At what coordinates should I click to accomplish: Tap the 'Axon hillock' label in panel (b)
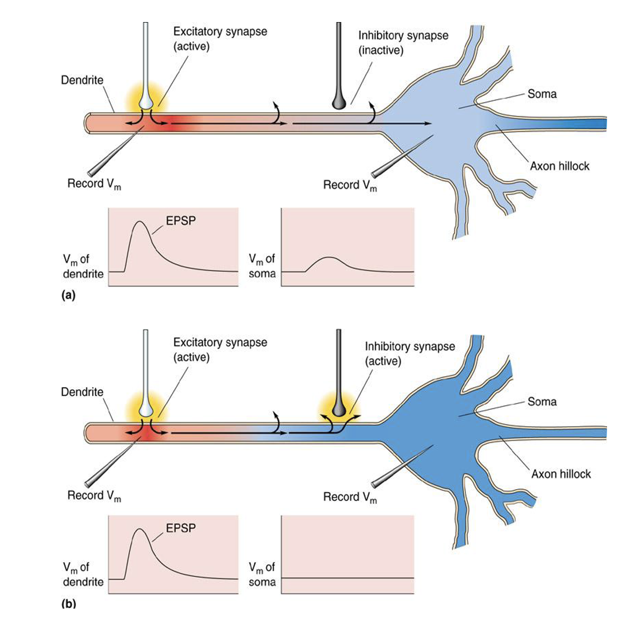[561, 474]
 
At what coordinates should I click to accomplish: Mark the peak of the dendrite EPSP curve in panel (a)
[139, 221]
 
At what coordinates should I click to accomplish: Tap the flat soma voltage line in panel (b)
[348, 578]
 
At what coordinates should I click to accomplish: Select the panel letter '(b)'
[68, 603]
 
